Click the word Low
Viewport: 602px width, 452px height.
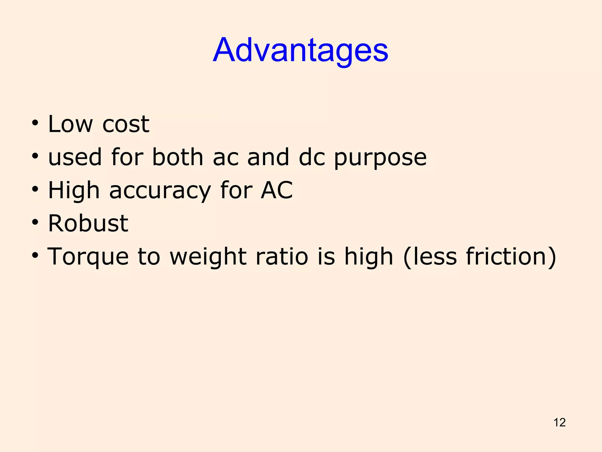tap(70, 124)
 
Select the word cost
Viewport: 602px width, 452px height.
tap(126, 124)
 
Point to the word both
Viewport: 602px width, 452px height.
tap(178, 157)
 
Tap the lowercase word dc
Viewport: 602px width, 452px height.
tap(312, 157)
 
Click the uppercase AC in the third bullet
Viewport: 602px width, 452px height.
tap(277, 190)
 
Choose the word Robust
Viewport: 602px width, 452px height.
tap(88, 223)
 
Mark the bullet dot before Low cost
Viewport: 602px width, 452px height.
tap(35, 123)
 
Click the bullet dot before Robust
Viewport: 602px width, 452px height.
tap(35, 222)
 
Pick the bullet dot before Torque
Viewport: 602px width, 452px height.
tap(35, 255)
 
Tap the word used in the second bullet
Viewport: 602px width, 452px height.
tap(75, 157)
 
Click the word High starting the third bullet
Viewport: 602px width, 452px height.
tap(74, 191)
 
